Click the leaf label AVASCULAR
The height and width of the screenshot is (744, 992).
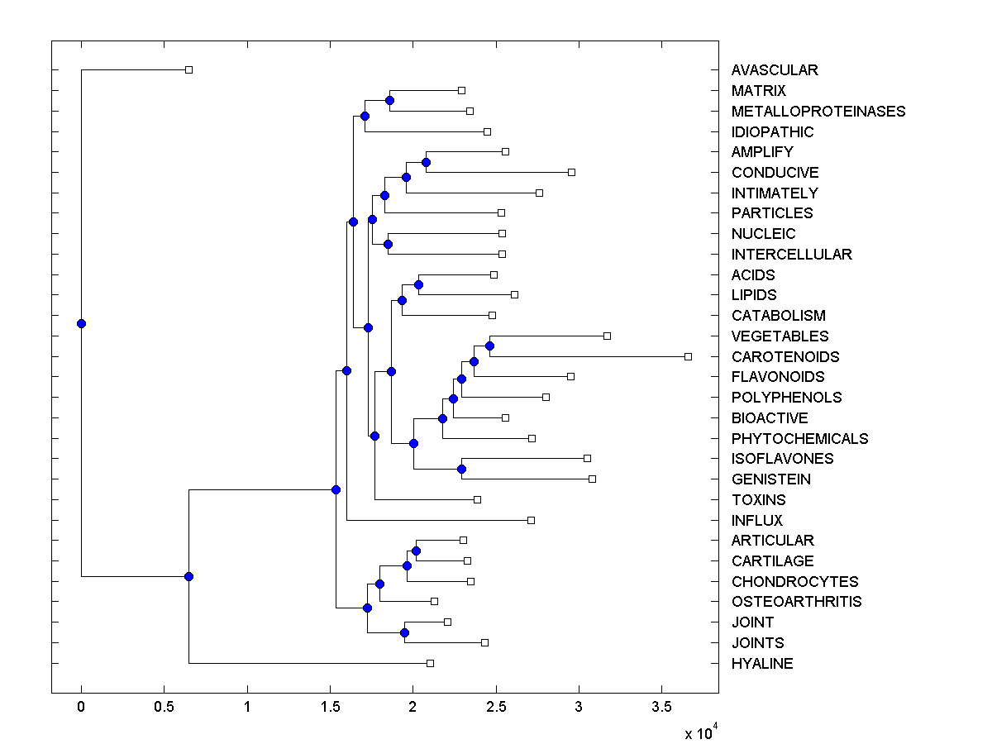pos(774,70)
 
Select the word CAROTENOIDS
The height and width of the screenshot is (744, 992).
pos(785,357)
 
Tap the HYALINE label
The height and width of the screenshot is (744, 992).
pos(761,664)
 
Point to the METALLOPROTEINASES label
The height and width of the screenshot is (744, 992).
pos(818,112)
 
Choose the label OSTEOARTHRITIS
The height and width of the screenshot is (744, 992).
pos(796,602)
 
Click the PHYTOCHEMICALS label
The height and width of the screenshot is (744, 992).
pos(799,439)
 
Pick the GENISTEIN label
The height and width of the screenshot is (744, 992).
pos(770,479)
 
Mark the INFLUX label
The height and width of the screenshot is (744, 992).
pos(756,521)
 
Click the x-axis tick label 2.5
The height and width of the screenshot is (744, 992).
pos(496,709)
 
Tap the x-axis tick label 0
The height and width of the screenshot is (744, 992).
pos(81,709)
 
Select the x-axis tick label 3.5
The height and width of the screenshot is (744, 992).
pos(661,709)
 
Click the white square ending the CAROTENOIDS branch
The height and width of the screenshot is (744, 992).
pos(688,356)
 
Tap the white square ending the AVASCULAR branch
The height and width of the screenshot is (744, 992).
pos(188,69)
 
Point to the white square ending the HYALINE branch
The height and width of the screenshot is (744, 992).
pos(430,663)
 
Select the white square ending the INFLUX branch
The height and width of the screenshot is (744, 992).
pos(531,520)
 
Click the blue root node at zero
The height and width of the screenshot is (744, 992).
pos(81,323)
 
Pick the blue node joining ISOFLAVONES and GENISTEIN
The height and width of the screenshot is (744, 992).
pos(461,469)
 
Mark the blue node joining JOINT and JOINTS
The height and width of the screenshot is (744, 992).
pos(404,632)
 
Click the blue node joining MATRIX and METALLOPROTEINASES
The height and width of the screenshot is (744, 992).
pos(389,100)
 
